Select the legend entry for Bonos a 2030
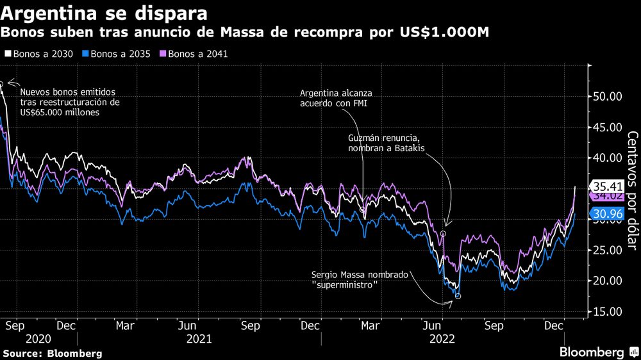click(x=42, y=54)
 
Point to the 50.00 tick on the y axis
click(x=606, y=97)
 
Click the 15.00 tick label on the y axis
click(x=606, y=312)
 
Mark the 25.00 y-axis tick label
click(x=606, y=250)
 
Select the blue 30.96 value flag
click(x=606, y=214)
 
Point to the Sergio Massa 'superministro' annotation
click(x=359, y=279)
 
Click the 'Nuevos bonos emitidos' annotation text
click(x=70, y=102)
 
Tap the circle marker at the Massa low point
click(x=457, y=296)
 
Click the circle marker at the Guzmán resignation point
click(x=443, y=234)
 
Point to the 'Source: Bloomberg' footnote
click(x=53, y=353)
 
